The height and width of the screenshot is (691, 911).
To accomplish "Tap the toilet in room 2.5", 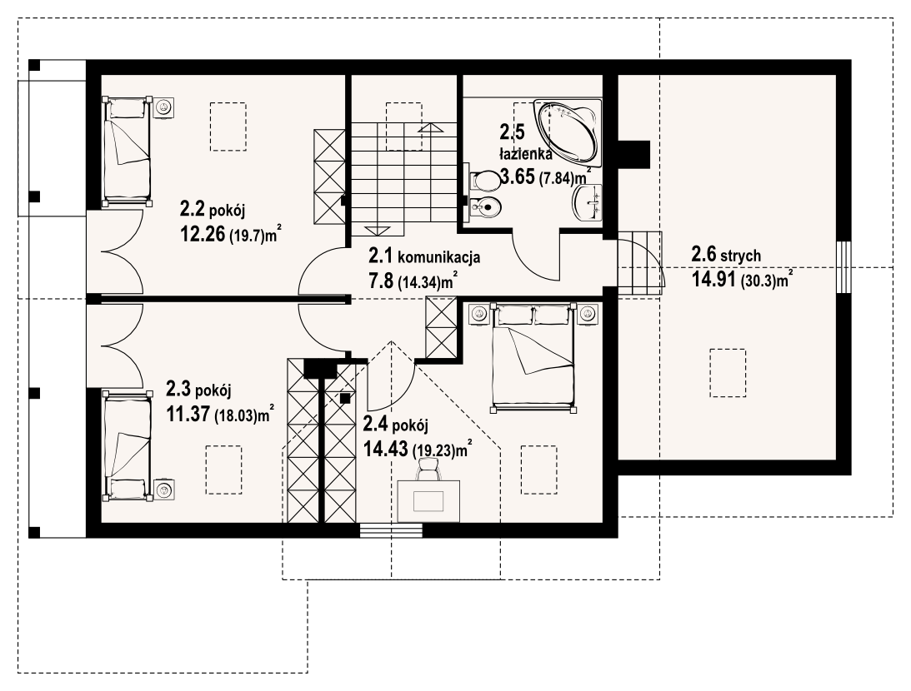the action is pyautogui.click(x=483, y=180).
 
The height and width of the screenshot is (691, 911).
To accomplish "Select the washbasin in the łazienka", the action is pyautogui.click(x=588, y=203).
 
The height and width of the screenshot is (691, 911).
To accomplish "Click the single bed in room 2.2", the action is pyautogui.click(x=128, y=152).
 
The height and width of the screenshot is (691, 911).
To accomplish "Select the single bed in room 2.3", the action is pyautogui.click(x=128, y=445).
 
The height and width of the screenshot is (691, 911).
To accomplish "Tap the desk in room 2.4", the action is pyautogui.click(x=428, y=500).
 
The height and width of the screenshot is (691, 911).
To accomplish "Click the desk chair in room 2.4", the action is pyautogui.click(x=428, y=468).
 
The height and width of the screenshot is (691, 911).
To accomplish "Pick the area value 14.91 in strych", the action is pyautogui.click(x=714, y=280).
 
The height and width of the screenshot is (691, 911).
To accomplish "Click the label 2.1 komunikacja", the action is pyautogui.click(x=424, y=256).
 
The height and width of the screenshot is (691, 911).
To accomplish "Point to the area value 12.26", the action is pyautogui.click(x=203, y=235).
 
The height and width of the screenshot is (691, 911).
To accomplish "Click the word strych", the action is pyautogui.click(x=741, y=256).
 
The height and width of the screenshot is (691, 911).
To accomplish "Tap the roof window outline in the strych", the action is pyautogui.click(x=728, y=372).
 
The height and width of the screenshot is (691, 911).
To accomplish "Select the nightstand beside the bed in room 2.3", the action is pyautogui.click(x=164, y=490).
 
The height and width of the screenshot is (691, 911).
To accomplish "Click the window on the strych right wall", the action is pyautogui.click(x=844, y=267).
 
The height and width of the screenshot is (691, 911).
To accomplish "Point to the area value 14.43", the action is pyautogui.click(x=386, y=449).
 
